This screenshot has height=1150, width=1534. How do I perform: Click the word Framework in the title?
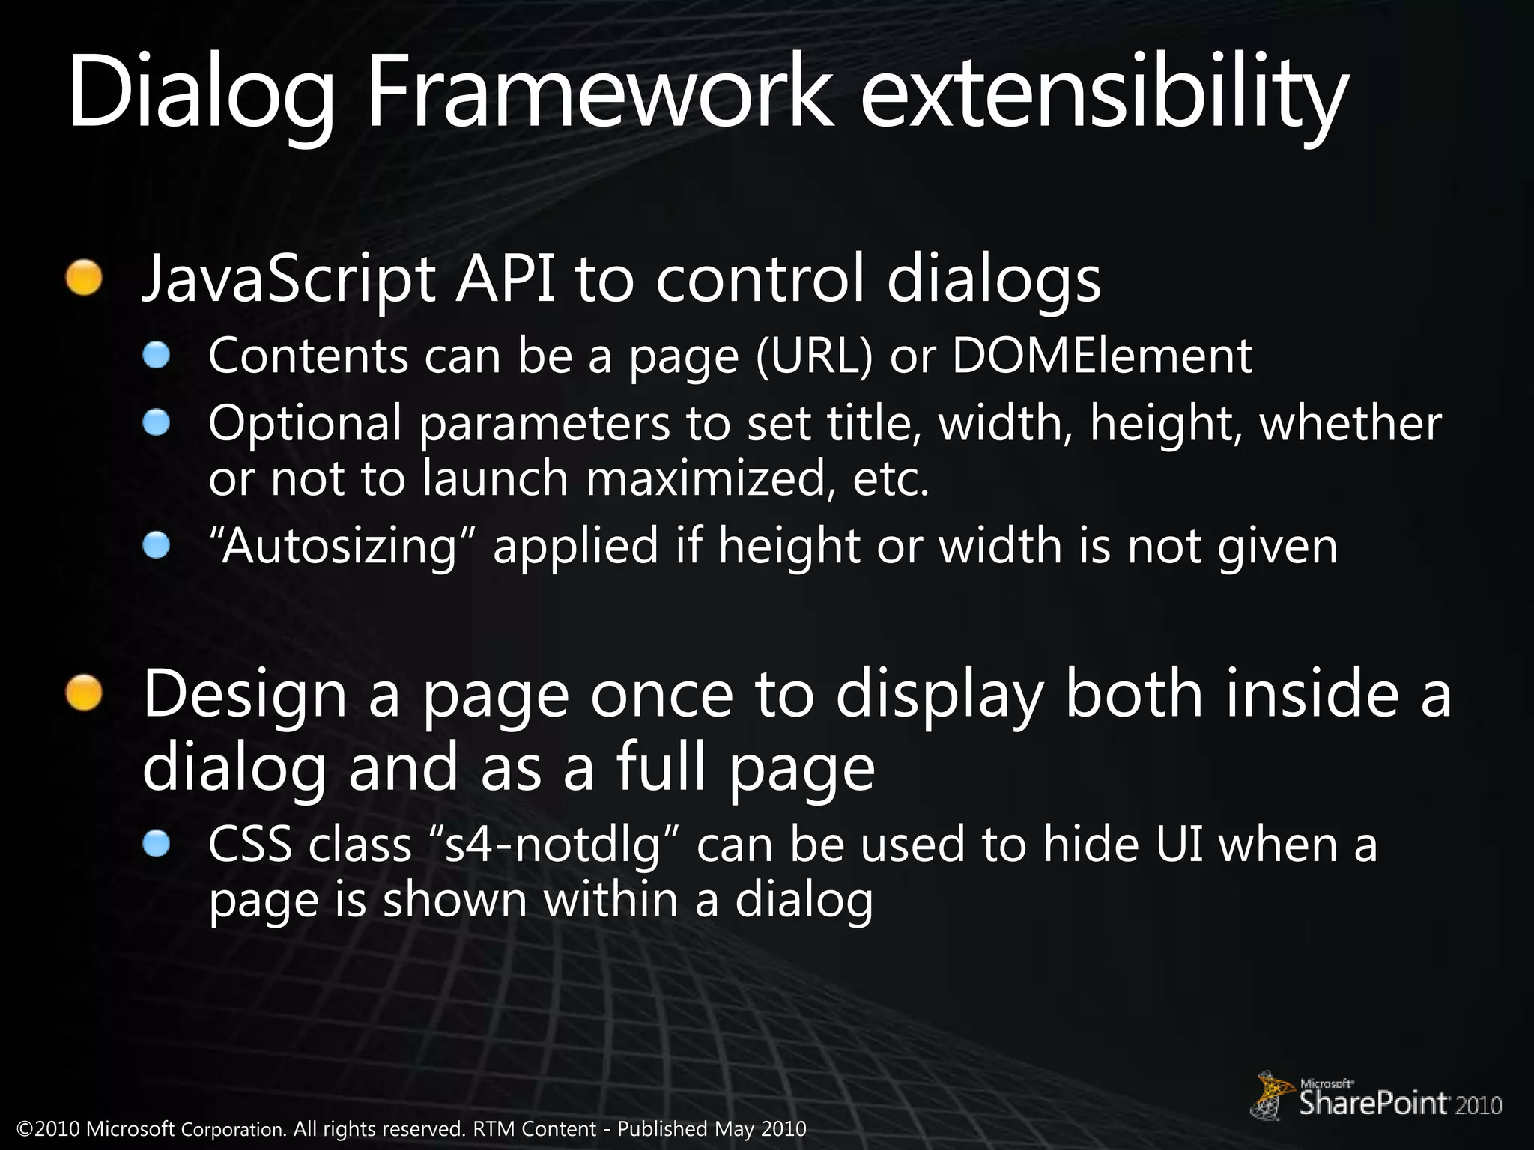599,94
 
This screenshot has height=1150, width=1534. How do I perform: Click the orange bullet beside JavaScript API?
83,278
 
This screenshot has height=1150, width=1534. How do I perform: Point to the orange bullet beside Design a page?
83,692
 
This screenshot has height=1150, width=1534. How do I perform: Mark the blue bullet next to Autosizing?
157,545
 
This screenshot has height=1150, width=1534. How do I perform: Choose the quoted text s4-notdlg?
555,845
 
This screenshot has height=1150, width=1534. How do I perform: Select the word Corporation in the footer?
233,1129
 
